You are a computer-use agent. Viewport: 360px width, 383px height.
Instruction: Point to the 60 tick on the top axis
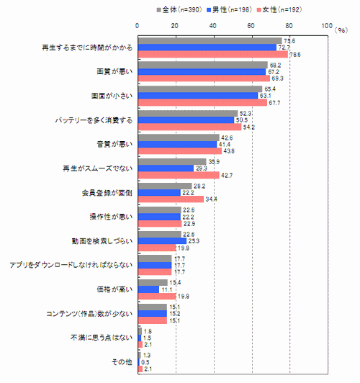pos(251,27)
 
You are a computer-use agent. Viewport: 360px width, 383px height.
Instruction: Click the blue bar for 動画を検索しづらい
pos(161,240)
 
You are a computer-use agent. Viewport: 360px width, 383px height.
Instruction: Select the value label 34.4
pos(212,199)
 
